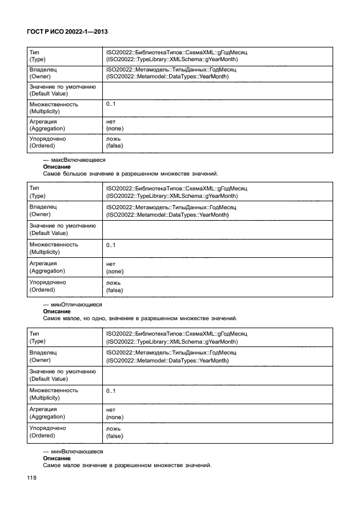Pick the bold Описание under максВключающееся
tap(57, 167)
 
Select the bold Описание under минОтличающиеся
tap(57, 312)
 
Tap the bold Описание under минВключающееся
tap(57, 457)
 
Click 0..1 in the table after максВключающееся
tap(111, 245)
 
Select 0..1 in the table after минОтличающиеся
tap(111, 391)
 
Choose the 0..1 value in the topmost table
tap(111, 104)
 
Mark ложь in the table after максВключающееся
tap(113, 283)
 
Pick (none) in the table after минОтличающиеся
tap(115, 417)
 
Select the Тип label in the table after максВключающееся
tap(34, 188)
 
